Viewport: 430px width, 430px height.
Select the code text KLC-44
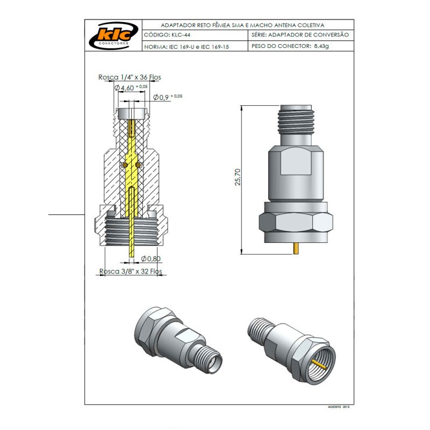click(180, 34)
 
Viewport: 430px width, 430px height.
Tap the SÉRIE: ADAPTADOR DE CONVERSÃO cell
click(300, 34)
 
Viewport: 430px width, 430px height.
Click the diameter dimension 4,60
click(127, 88)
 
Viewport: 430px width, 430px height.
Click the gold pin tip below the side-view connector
click(295, 249)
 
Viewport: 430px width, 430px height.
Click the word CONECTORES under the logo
click(112, 42)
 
